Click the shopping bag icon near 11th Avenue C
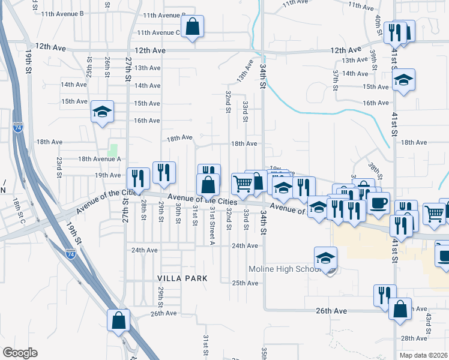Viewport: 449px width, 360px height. click(x=191, y=27)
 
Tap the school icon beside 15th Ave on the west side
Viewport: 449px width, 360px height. click(x=103, y=112)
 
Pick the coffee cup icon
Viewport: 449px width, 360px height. click(x=378, y=202)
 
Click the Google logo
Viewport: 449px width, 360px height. click(x=20, y=353)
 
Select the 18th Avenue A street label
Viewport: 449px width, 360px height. click(x=100, y=159)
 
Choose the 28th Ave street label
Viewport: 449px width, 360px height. click(x=414, y=338)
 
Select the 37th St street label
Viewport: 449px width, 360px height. click(x=336, y=77)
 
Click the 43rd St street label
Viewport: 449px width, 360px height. click(x=429, y=323)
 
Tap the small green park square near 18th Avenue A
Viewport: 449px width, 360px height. click(x=113, y=149)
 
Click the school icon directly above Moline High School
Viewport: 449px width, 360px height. click(x=325, y=258)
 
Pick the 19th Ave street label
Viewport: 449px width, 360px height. click(x=108, y=175)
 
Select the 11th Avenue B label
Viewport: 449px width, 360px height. click(x=79, y=13)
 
